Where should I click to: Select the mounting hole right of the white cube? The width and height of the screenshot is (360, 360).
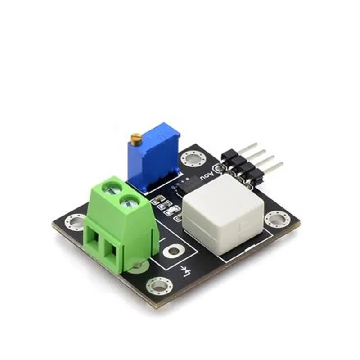coord(276,219)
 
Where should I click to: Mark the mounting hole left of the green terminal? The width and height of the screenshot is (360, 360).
coord(74,222)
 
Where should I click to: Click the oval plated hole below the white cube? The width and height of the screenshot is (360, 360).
coord(174,251)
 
